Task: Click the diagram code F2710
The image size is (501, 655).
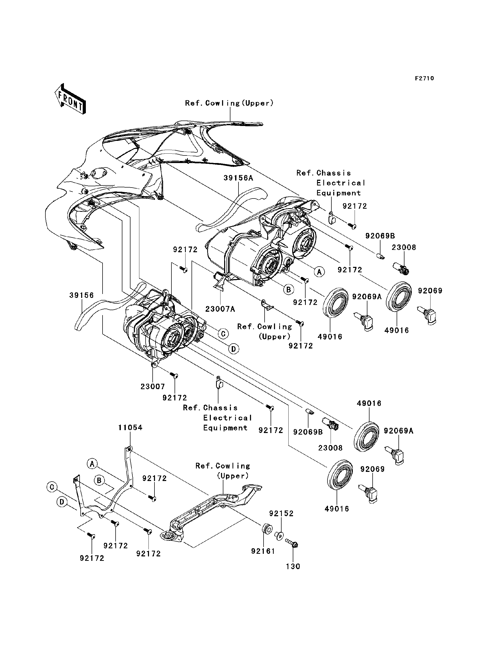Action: click(424, 79)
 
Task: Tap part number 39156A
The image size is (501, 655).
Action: click(238, 178)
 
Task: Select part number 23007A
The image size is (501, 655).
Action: click(220, 309)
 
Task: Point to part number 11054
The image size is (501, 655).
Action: click(130, 428)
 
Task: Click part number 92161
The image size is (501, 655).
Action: click(263, 551)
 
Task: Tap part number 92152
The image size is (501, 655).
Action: click(281, 513)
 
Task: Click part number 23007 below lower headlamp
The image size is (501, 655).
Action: click(153, 387)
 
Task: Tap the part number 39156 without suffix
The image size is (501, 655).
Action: click(81, 296)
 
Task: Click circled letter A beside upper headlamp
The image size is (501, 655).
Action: click(319, 272)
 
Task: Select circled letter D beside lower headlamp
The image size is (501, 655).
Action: click(234, 349)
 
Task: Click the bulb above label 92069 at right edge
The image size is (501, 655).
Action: click(428, 316)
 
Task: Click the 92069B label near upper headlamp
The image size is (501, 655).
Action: click(380, 236)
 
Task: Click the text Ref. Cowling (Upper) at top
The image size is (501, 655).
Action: click(229, 103)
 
